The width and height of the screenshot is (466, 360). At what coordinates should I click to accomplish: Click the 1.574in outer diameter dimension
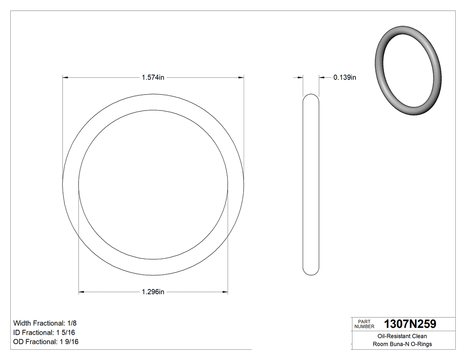[153, 78]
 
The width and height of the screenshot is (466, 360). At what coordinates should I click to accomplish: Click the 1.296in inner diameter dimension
[153, 292]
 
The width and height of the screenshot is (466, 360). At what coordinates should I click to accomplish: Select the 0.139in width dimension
[345, 78]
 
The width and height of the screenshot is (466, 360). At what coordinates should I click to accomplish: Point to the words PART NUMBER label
[365, 324]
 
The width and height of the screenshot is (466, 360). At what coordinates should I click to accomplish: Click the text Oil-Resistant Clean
[402, 336]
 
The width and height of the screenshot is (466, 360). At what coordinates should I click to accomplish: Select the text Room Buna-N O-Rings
[402, 344]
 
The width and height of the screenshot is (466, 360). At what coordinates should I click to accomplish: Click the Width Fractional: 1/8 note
[42, 323]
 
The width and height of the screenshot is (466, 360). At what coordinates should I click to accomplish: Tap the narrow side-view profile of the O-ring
[311, 184]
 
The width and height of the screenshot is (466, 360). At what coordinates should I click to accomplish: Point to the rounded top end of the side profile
[311, 96]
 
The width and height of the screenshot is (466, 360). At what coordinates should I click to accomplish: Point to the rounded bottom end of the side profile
[311, 272]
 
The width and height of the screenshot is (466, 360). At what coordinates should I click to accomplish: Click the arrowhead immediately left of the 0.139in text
[322, 78]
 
